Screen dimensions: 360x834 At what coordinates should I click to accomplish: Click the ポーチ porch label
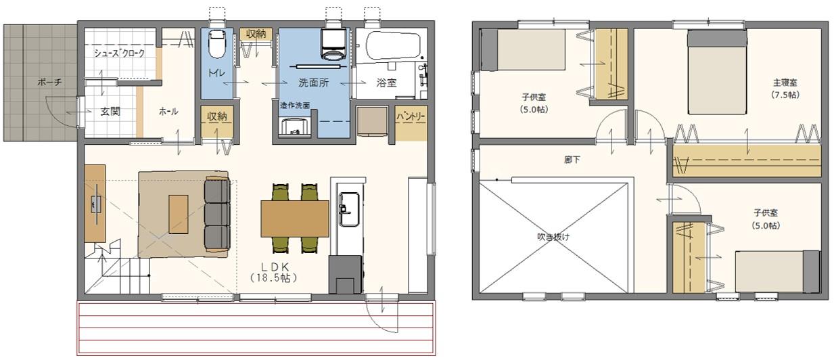(x=50, y=82)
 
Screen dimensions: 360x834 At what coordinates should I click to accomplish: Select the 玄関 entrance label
(x=110, y=112)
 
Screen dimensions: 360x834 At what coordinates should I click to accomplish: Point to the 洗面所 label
(x=313, y=82)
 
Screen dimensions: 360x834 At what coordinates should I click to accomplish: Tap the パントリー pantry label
(x=411, y=116)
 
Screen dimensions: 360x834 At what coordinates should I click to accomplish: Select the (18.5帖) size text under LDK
(x=273, y=277)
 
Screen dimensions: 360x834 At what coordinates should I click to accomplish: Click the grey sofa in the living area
(x=216, y=213)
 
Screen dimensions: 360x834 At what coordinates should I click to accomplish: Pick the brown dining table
(x=294, y=218)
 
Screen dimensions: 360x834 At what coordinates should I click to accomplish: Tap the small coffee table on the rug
(x=179, y=214)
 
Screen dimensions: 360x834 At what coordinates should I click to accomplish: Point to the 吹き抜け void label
(x=553, y=238)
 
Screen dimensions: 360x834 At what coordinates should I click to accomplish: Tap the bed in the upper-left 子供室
(x=525, y=50)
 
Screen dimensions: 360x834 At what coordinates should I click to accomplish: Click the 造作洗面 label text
(x=295, y=106)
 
